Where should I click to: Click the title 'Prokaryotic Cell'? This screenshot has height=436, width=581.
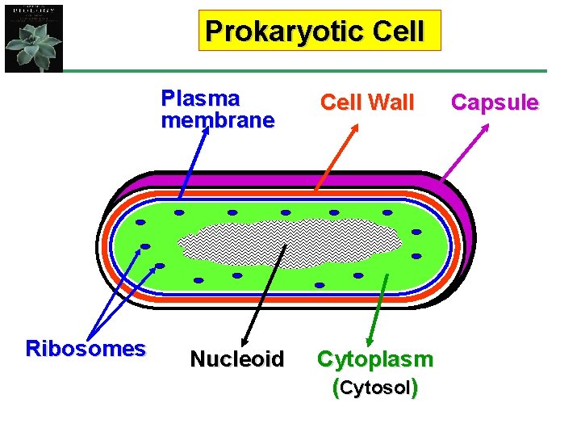(x=315, y=31)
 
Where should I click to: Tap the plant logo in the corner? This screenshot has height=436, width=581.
(x=33, y=38)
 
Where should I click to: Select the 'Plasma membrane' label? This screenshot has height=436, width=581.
(x=217, y=110)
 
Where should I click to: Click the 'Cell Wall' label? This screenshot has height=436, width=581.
(x=367, y=103)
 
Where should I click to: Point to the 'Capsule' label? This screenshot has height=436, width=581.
(x=495, y=103)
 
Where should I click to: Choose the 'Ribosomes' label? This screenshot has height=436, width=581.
(x=86, y=349)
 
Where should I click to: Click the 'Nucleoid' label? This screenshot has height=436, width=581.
(x=237, y=358)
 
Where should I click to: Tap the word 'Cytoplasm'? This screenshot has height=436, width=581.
(x=375, y=358)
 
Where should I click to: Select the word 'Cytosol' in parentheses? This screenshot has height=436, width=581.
(x=374, y=388)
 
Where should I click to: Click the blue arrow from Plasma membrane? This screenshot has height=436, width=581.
(x=194, y=161)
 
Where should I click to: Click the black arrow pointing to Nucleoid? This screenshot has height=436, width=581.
(x=265, y=291)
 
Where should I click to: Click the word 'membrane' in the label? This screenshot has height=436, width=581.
(x=217, y=121)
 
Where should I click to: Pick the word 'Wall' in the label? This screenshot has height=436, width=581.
(x=394, y=103)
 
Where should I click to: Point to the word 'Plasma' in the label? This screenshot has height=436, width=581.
(x=200, y=99)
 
